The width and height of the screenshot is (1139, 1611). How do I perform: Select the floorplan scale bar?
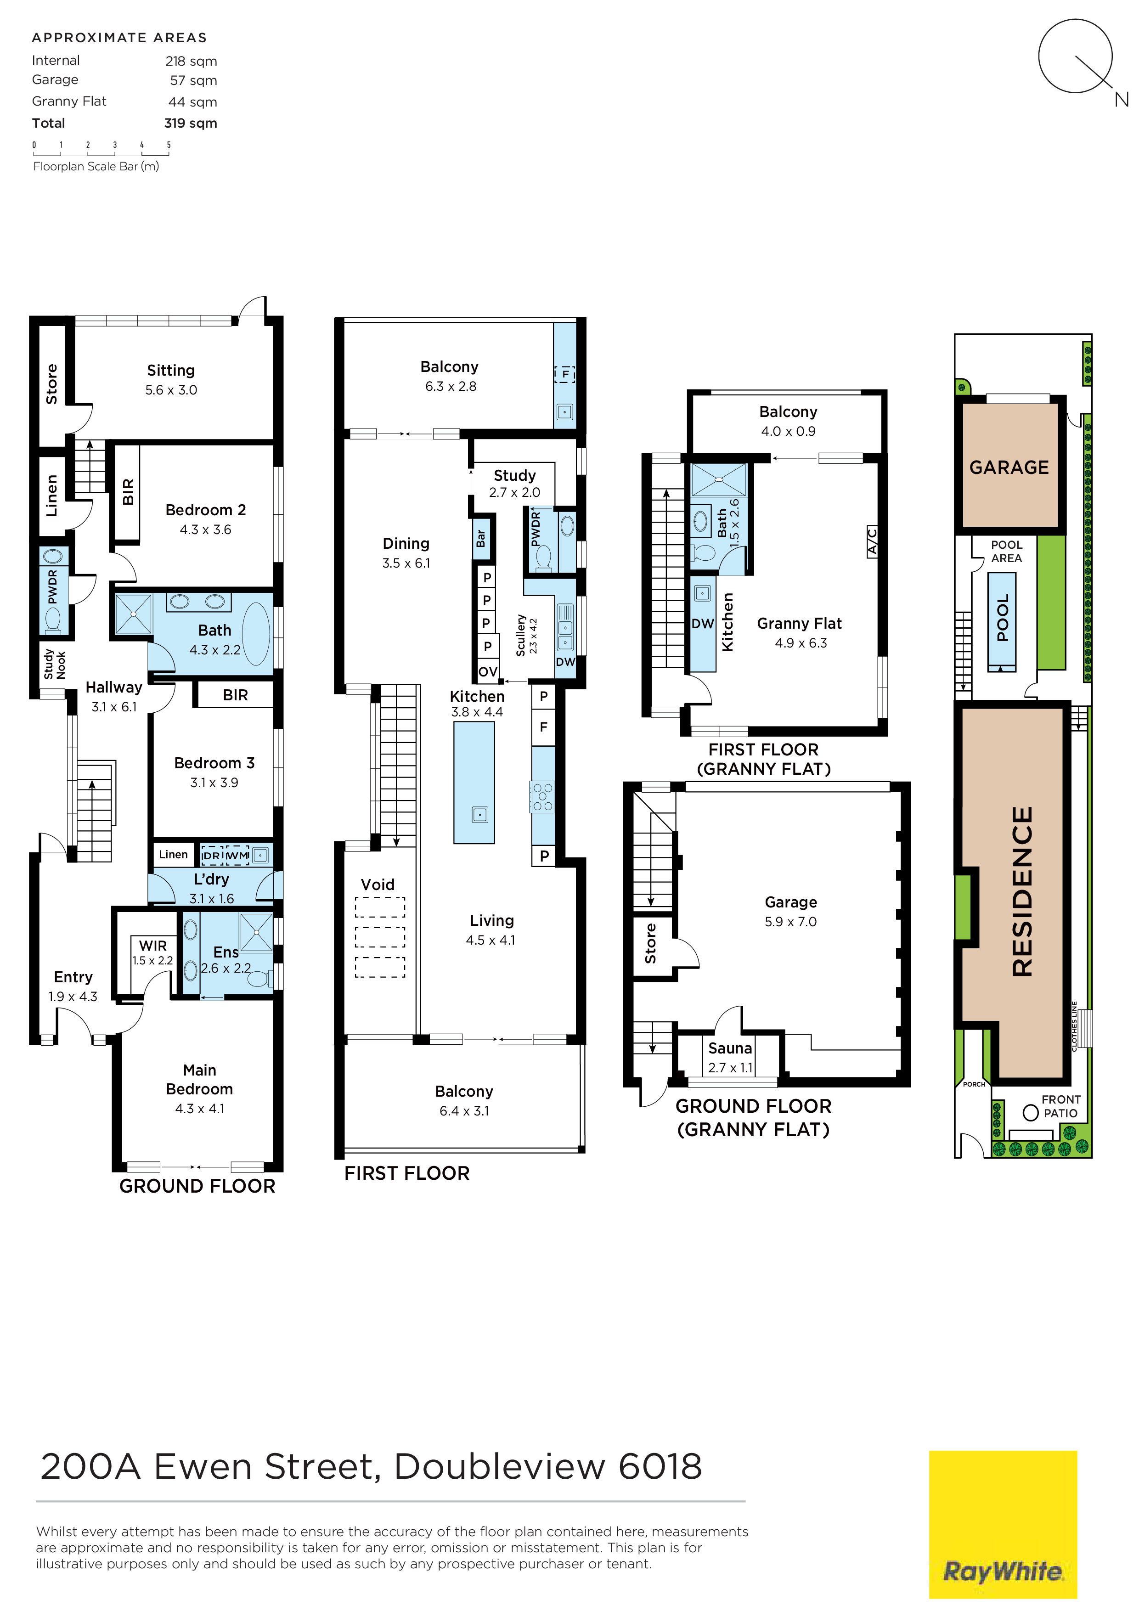tap(101, 149)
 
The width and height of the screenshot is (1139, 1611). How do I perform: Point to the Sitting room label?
tap(170, 371)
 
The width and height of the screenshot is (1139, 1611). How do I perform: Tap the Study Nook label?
tap(55, 664)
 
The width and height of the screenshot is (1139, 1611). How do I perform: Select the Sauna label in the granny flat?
tap(730, 1048)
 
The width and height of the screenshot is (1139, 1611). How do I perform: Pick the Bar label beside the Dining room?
tap(481, 538)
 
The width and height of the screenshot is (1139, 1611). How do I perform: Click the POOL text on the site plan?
tap(1003, 618)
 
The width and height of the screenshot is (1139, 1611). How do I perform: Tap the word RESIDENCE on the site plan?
tap(1022, 891)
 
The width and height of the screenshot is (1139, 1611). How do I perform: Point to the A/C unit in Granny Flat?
tap(872, 541)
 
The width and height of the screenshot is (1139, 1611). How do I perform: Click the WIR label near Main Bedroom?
tap(153, 946)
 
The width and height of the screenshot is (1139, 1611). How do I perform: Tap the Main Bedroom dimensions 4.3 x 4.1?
tap(200, 1109)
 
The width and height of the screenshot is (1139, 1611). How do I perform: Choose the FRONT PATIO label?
tap(1060, 1106)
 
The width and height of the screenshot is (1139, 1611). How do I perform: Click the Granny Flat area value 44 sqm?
tap(193, 102)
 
